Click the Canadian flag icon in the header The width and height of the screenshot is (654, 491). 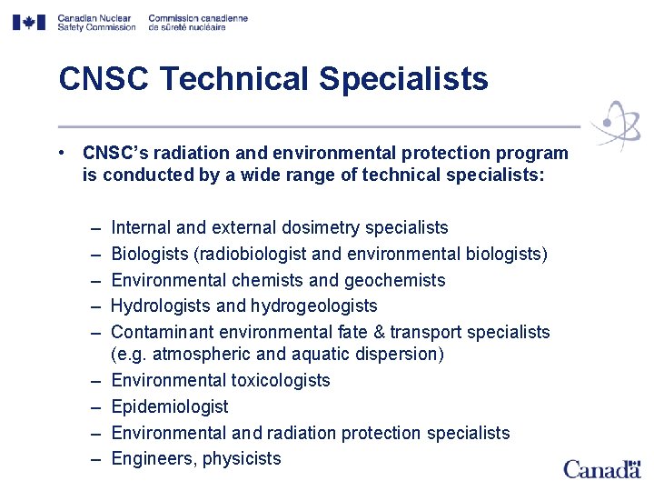click(x=28, y=22)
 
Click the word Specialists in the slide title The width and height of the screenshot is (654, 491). click(x=403, y=79)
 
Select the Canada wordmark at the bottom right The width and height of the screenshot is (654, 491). click(x=601, y=469)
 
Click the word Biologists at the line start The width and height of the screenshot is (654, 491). click(x=150, y=254)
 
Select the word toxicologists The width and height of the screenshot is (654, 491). click(x=280, y=380)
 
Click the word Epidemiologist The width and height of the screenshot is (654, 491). click(x=170, y=406)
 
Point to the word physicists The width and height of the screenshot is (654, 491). click(x=242, y=459)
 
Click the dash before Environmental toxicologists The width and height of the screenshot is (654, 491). click(x=95, y=380)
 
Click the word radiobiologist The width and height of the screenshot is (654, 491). click(x=263, y=254)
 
